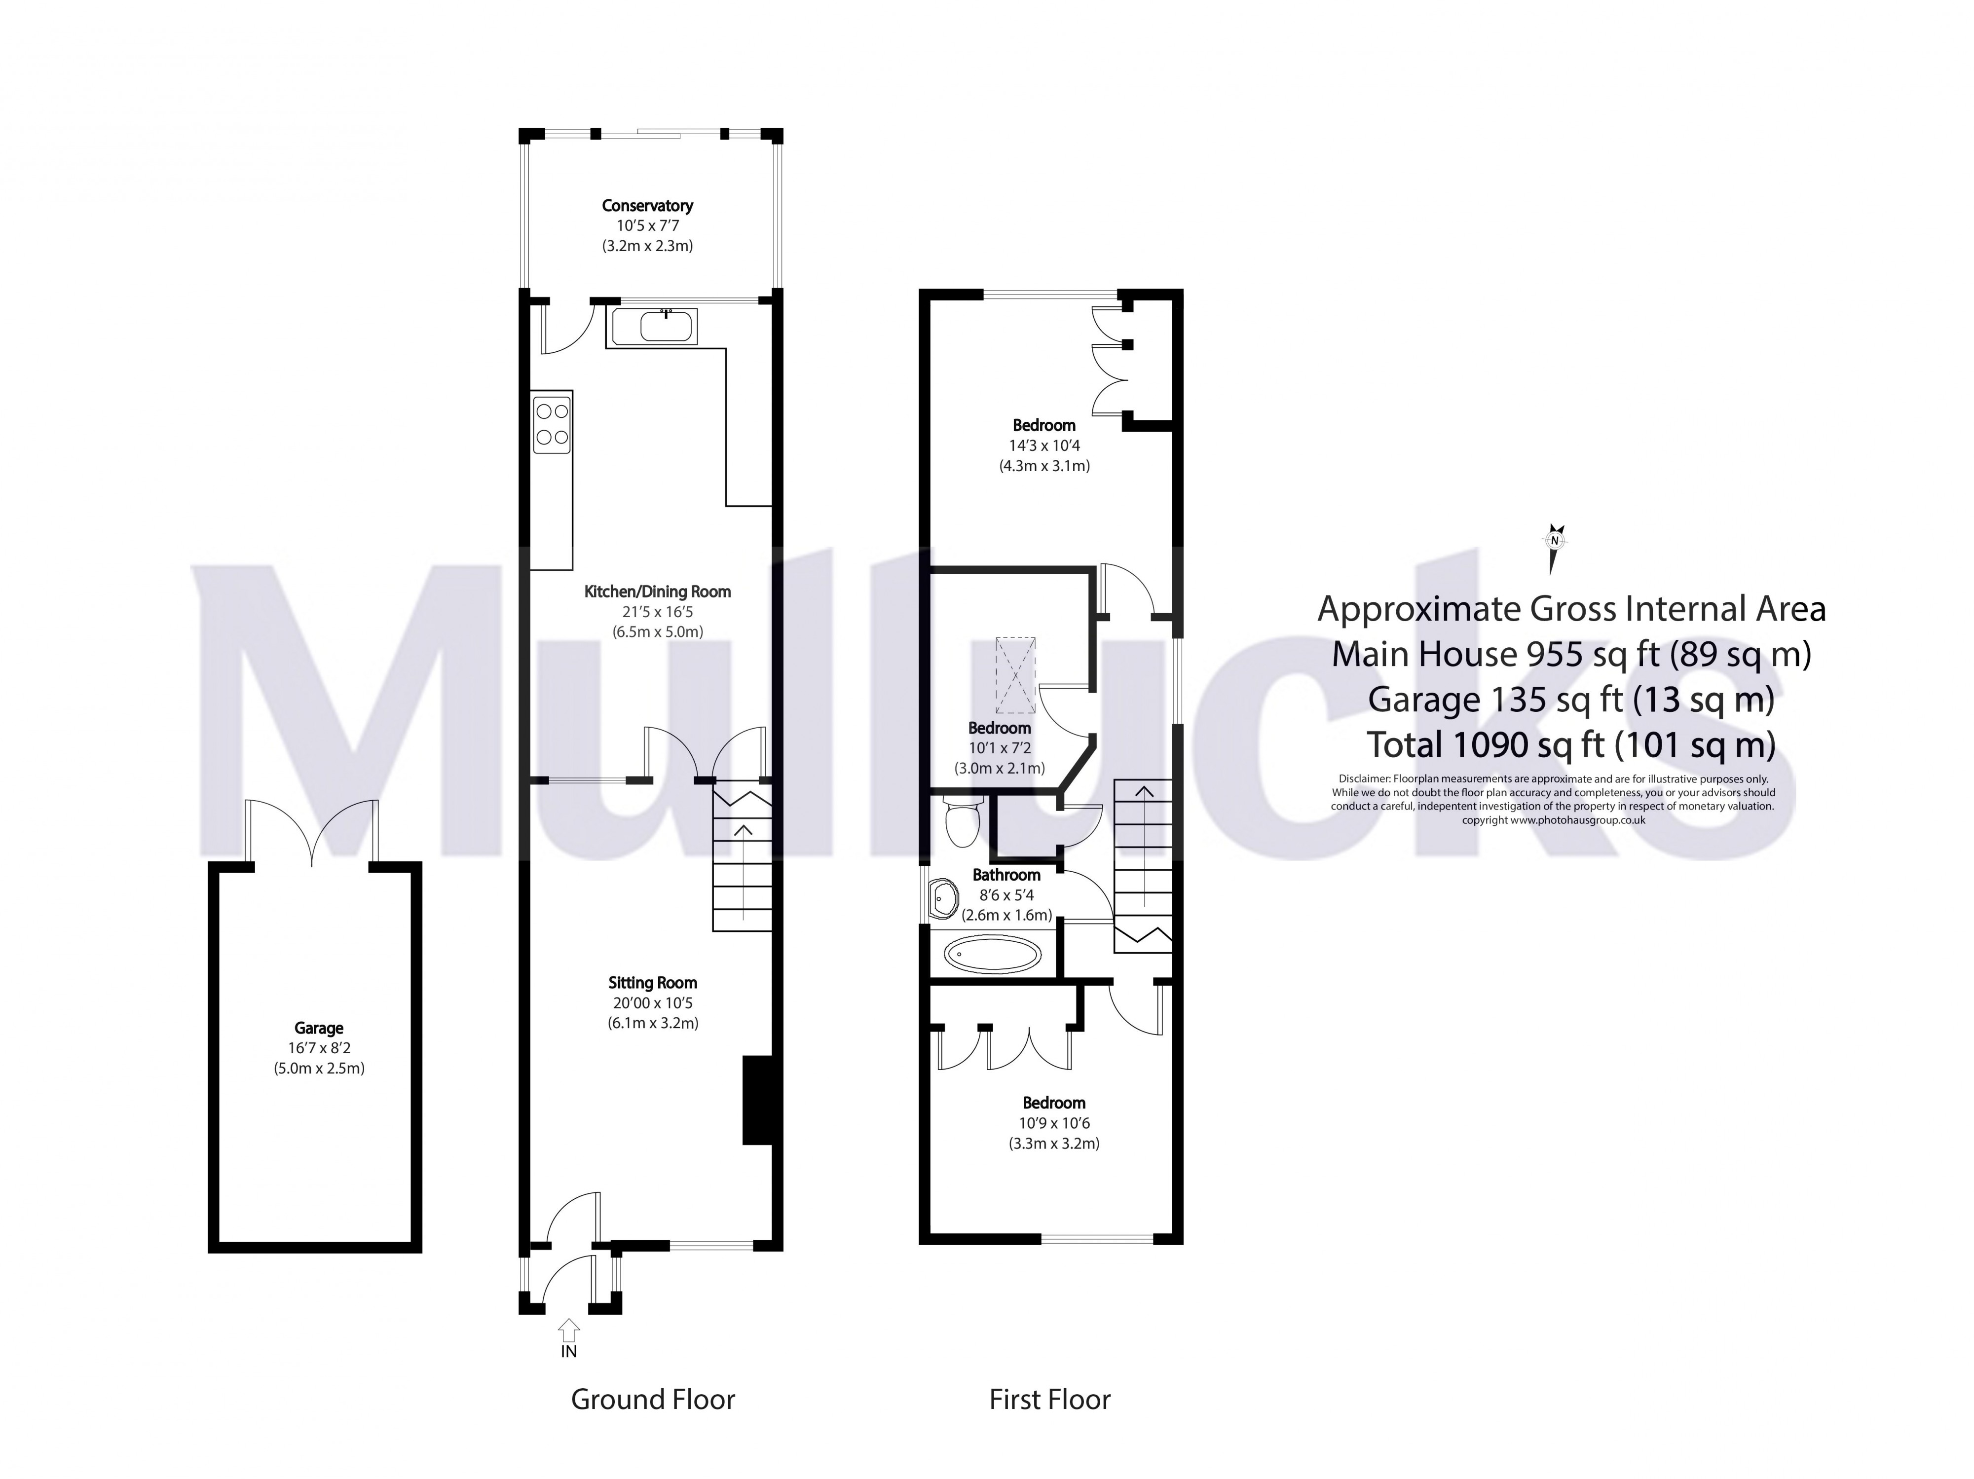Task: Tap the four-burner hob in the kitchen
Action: [x=552, y=425]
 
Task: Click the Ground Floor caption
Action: [x=652, y=1399]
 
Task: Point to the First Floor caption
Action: [x=1049, y=1399]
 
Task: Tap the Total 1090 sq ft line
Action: [x=1570, y=744]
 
